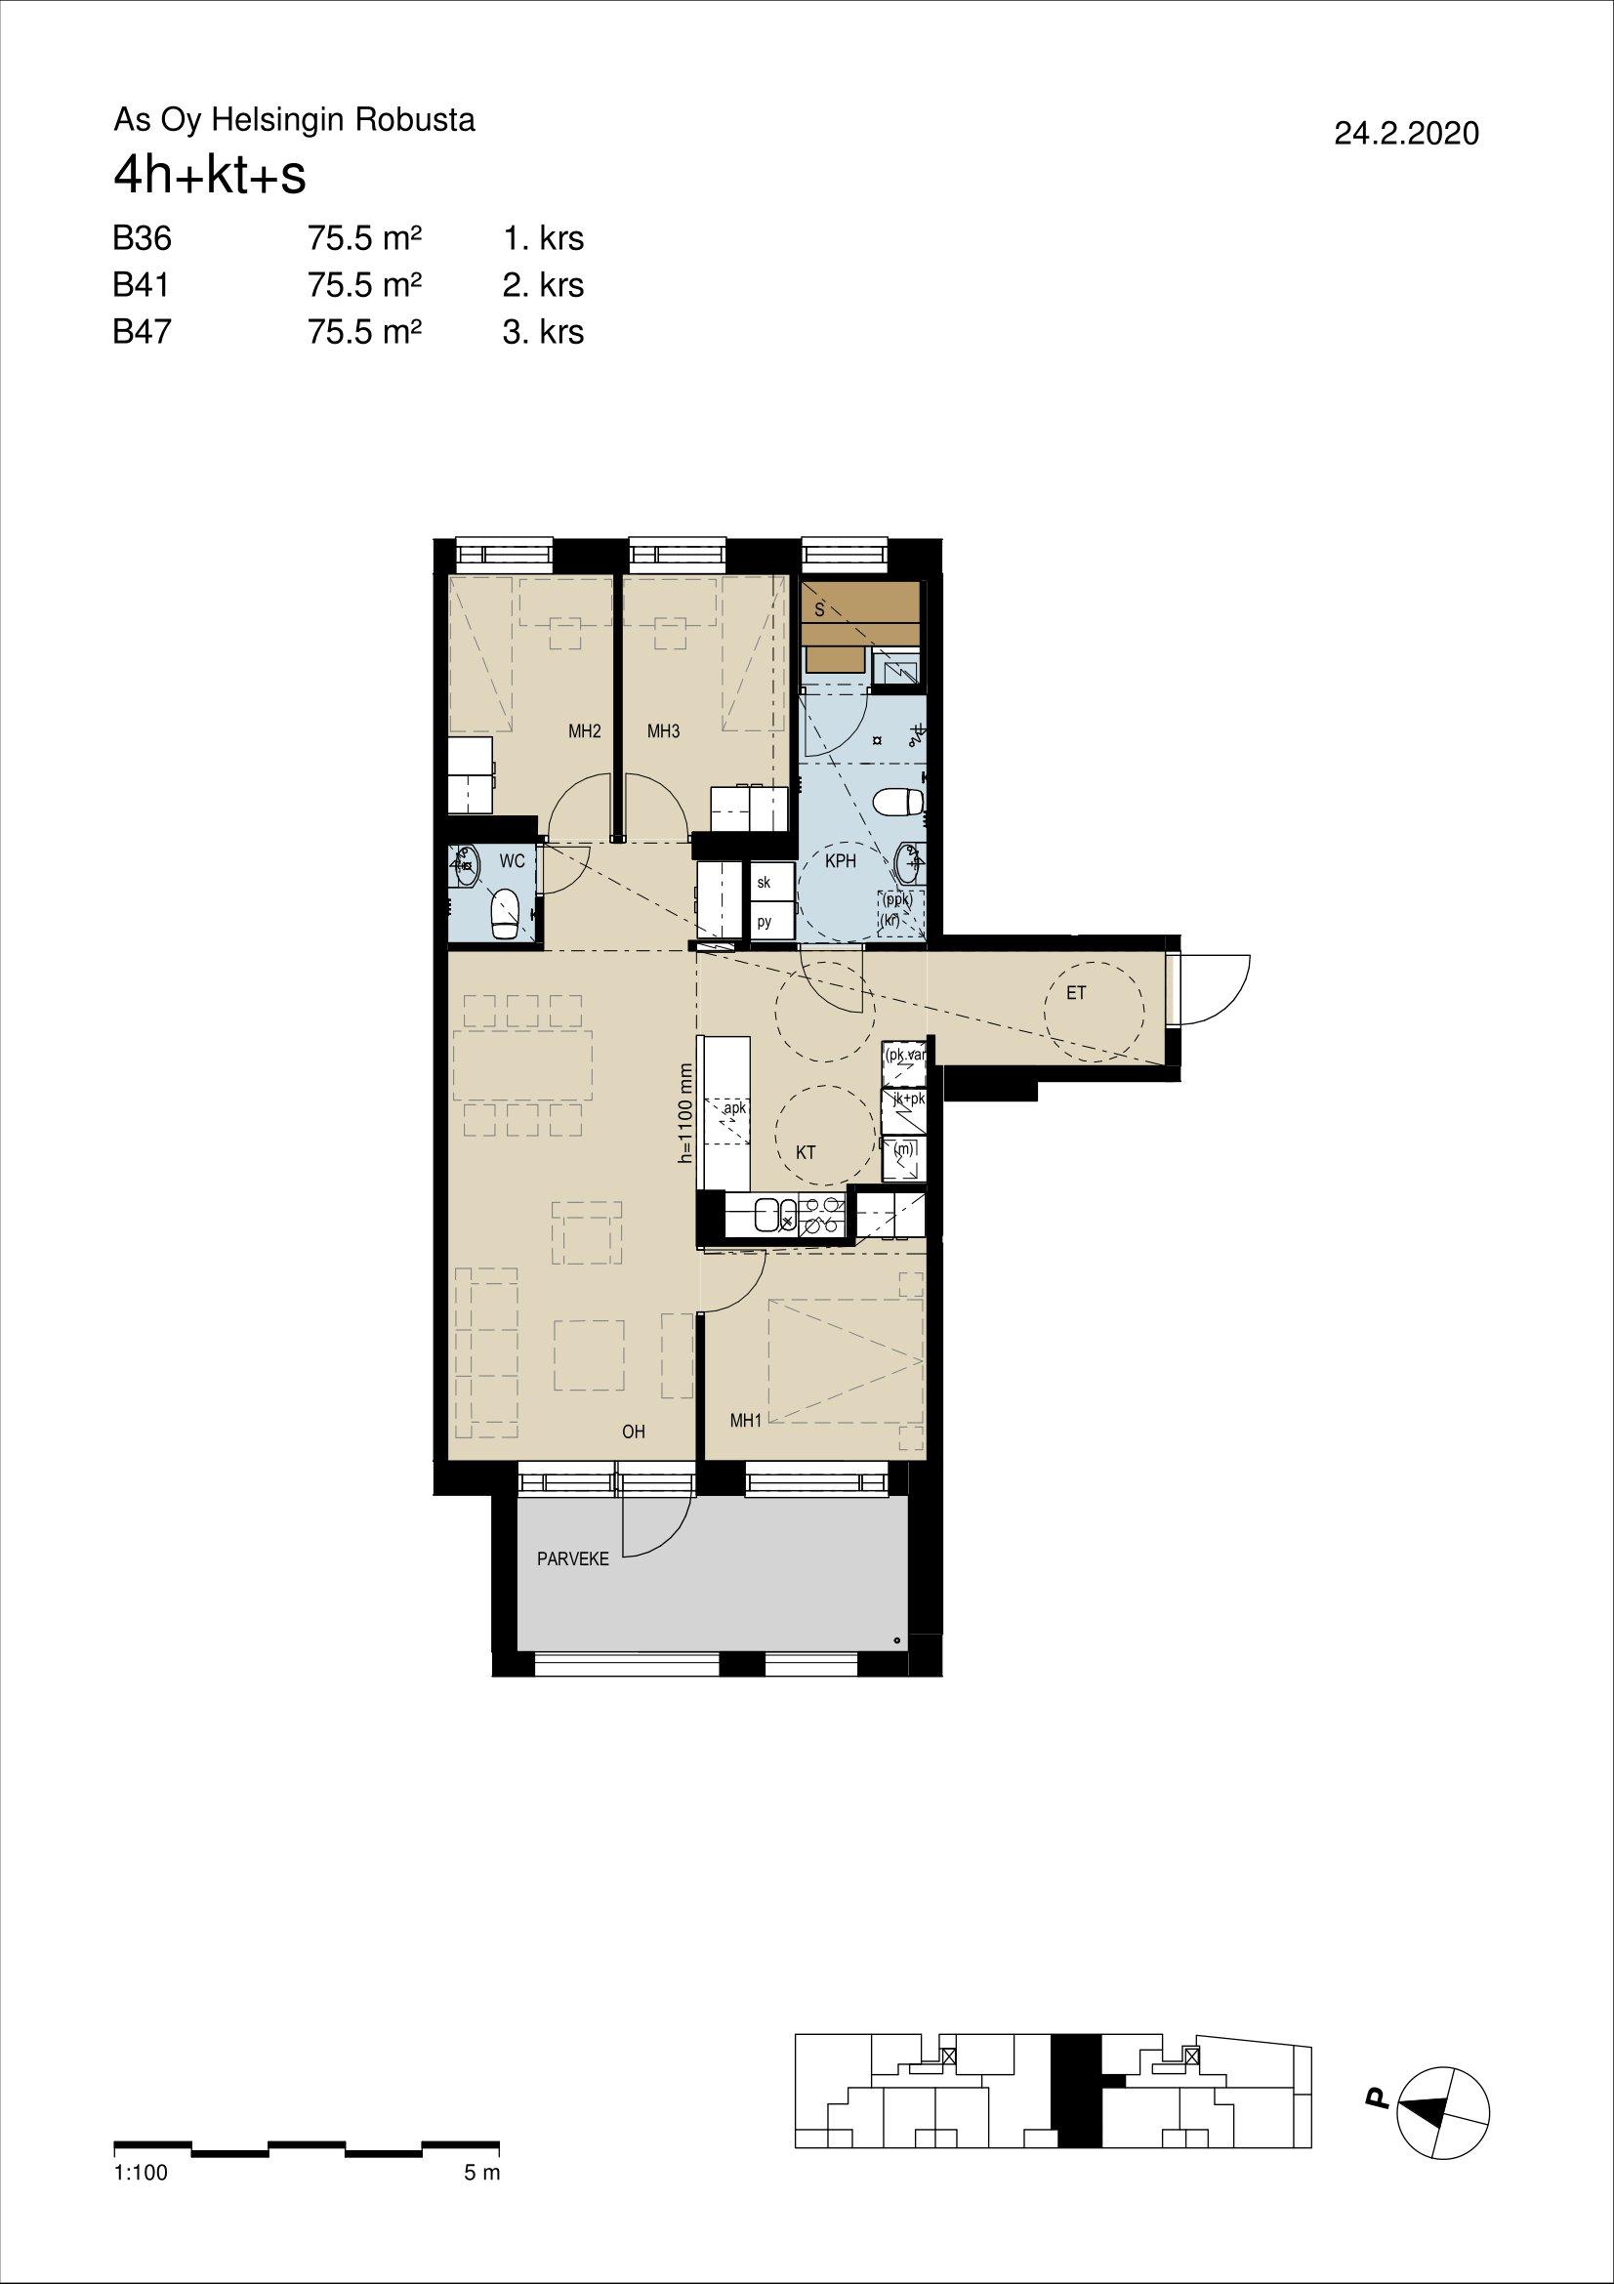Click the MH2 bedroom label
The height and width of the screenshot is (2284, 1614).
[x=585, y=732]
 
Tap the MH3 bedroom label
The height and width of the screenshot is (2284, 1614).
[x=663, y=732]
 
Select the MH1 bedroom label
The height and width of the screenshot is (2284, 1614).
[x=745, y=1422]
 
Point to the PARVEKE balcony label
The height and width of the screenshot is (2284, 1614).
[x=573, y=1559]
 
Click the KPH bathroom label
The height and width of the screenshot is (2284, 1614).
[x=842, y=861]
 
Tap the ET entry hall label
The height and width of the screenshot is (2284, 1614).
[x=1076, y=993]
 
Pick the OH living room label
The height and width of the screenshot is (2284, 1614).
[x=634, y=1432]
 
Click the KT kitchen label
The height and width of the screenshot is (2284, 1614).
[x=807, y=1153]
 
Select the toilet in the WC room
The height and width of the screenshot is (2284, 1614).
[x=506, y=912]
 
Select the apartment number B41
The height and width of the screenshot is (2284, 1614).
[x=142, y=285]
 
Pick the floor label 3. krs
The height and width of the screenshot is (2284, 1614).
[x=543, y=331]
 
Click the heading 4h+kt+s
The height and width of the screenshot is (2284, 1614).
[x=210, y=177]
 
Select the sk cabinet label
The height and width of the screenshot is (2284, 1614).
[x=764, y=883]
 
